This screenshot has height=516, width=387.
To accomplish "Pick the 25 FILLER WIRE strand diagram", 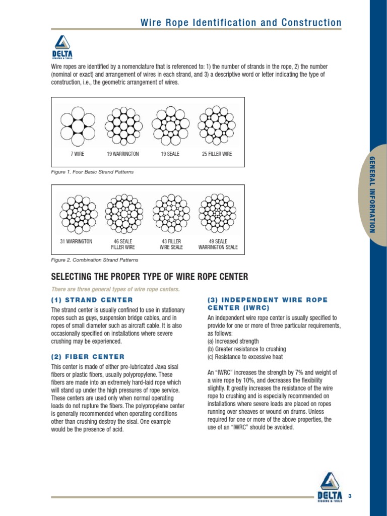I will click(217, 124).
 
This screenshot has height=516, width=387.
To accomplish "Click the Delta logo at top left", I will click(62, 47).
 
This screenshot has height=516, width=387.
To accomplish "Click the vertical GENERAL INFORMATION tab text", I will click(373, 195).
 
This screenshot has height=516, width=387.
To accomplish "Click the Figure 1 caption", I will click(92, 172).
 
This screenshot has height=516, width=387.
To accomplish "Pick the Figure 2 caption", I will click(94, 260).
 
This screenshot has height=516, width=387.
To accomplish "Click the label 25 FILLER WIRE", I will click(217, 154).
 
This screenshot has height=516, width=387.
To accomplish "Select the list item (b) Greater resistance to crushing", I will click(246, 349).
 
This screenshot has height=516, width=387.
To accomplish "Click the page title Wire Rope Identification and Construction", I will click(240, 23).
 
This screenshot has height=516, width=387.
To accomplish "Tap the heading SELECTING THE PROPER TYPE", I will click(150, 277).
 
